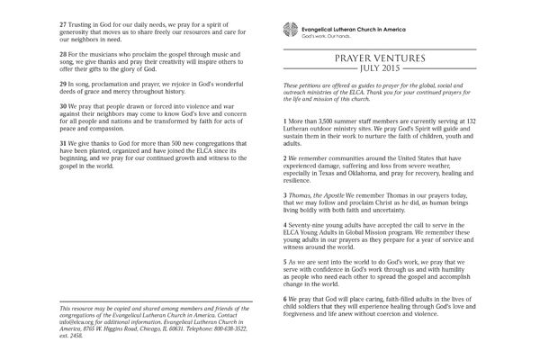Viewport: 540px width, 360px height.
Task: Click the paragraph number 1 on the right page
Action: pos(285,119)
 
